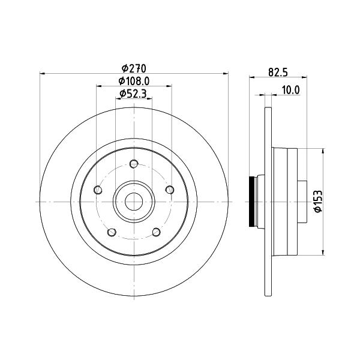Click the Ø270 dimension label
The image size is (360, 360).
pos(134,68)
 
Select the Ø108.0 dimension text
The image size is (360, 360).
pos(134,81)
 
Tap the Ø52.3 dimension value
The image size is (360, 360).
pos(133,94)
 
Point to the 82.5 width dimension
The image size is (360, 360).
pos(278,73)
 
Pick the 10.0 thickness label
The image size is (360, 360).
pos(290,90)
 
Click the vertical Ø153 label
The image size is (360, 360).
pos(318,202)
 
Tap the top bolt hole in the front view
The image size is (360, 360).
pos(134,164)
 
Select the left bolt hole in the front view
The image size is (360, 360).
pos(98,190)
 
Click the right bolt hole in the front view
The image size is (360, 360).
pos(170,190)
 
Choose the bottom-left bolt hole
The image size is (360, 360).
pos(112,232)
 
